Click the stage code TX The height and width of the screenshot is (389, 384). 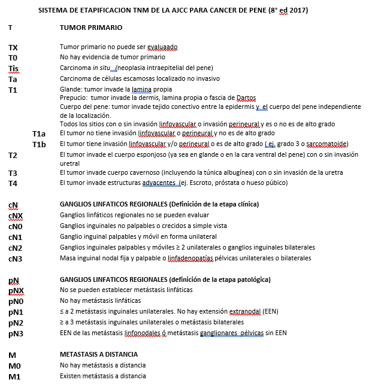click(13, 47)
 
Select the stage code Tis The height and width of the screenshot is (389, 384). click(14, 68)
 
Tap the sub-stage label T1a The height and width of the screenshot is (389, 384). click(39, 133)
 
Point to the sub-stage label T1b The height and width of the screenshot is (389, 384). click(39, 144)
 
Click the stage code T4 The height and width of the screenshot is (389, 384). click(13, 183)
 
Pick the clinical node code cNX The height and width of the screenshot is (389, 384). click(16, 215)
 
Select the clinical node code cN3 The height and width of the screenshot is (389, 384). click(15, 259)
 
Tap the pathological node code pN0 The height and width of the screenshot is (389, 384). click(16, 300)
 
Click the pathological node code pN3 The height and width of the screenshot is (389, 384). click(16, 333)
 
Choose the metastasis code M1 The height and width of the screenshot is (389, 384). click(13, 376)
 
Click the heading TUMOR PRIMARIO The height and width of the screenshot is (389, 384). click(91, 28)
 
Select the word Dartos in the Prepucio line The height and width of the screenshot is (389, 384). click(246, 98)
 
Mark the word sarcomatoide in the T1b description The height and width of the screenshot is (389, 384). click(328, 144)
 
